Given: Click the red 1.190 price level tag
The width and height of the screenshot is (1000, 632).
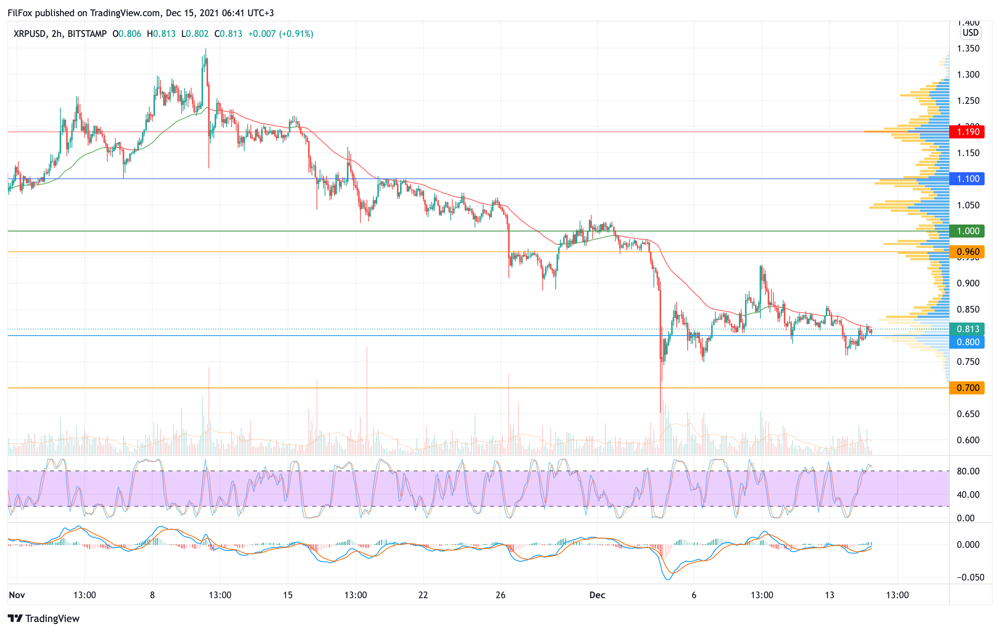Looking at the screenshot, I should pyautogui.click(x=967, y=132).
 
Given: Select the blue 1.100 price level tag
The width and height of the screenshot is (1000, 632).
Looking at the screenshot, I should pyautogui.click(x=967, y=179).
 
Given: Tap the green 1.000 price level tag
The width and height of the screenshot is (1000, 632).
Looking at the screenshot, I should pyautogui.click(x=967, y=231).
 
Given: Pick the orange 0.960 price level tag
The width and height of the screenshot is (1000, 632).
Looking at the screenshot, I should pyautogui.click(x=967, y=252).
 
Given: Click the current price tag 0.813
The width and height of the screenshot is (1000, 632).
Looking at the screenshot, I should pyautogui.click(x=967, y=329).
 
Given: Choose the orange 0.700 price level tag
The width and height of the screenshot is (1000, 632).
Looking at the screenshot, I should pyautogui.click(x=967, y=388).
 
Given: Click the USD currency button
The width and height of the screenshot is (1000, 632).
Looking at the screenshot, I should pyautogui.click(x=970, y=32).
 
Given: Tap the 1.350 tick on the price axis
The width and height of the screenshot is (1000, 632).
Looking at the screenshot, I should pyautogui.click(x=968, y=48).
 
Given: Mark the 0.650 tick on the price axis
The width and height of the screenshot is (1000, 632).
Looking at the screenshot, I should pyautogui.click(x=968, y=414).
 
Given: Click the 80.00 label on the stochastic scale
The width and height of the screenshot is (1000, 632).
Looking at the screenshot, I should pyautogui.click(x=968, y=471).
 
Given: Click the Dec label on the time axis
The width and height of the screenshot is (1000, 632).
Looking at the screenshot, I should pyautogui.click(x=597, y=595).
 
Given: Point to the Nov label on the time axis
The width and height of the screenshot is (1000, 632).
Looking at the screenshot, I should pyautogui.click(x=17, y=595).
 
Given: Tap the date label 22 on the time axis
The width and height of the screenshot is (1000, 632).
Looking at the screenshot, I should pyautogui.click(x=423, y=595).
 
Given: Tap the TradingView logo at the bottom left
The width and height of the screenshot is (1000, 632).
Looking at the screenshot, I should pyautogui.click(x=43, y=618).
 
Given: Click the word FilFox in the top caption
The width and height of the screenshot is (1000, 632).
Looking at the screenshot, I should pyautogui.click(x=20, y=13).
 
